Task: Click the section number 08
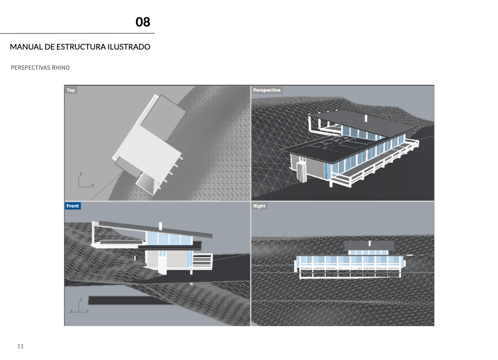pyautogui.click(x=143, y=22)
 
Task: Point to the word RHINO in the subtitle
pyautogui.click(x=61, y=68)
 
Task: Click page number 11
pyautogui.click(x=20, y=346)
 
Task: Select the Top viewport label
pyautogui.click(x=71, y=90)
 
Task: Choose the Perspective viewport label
pyautogui.click(x=267, y=90)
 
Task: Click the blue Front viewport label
pyautogui.click(x=73, y=206)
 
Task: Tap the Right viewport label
pyautogui.click(x=259, y=206)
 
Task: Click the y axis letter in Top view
pyautogui.click(x=81, y=173)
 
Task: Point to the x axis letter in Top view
pyautogui.click(x=92, y=185)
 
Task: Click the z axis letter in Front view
pyautogui.click(x=81, y=299)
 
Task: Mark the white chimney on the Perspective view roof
pyautogui.click(x=366, y=119)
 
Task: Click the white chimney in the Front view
pyautogui.click(x=161, y=226)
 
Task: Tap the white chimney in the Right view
pyautogui.click(x=369, y=243)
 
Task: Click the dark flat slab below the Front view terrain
pyautogui.click(x=130, y=300)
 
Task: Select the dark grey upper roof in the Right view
pyautogui.click(x=369, y=245)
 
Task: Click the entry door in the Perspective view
pyautogui.click(x=300, y=171)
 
